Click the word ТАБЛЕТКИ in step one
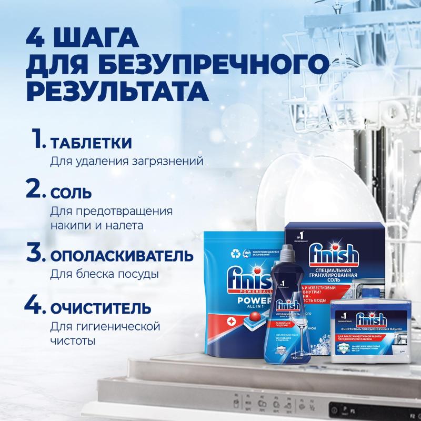pyautogui.click(x=91, y=143)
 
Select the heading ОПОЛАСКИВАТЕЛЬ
pyautogui.click(x=119, y=256)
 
